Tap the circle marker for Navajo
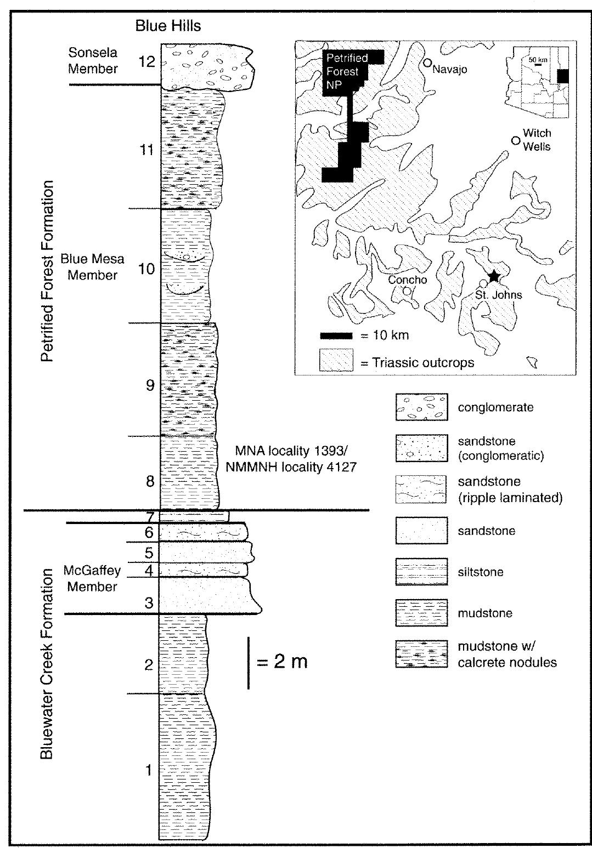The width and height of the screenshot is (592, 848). pyautogui.click(x=427, y=63)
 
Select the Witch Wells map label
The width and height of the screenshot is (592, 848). pyautogui.click(x=536, y=140)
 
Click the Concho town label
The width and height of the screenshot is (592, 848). pyautogui.click(x=407, y=280)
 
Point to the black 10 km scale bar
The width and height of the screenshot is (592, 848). pyautogui.click(x=336, y=335)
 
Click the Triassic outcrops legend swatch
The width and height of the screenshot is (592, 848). pyautogui.click(x=336, y=360)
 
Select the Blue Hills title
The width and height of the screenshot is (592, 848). pyautogui.click(x=168, y=26)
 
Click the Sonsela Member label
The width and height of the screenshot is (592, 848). pyautogui.click(x=93, y=61)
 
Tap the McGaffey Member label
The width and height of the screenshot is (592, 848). pyautogui.click(x=92, y=578)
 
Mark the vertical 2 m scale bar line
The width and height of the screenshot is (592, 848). pyautogui.click(x=249, y=662)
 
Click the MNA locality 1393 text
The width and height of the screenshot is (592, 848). pyautogui.click(x=291, y=451)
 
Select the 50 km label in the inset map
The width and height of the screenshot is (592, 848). pyautogui.click(x=538, y=59)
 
